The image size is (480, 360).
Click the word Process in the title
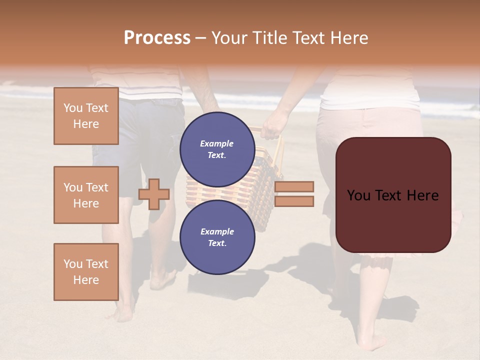(x=157, y=38)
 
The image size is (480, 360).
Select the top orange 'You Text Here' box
(x=86, y=116)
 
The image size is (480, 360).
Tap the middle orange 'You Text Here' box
(x=86, y=195)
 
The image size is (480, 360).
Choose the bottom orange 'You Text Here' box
(x=86, y=271)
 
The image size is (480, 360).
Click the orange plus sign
(x=154, y=194)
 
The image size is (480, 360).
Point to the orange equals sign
(x=294, y=194)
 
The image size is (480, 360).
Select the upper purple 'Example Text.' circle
(x=217, y=149)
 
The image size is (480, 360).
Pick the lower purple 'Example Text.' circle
(x=217, y=237)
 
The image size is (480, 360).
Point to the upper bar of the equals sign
(x=294, y=186)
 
